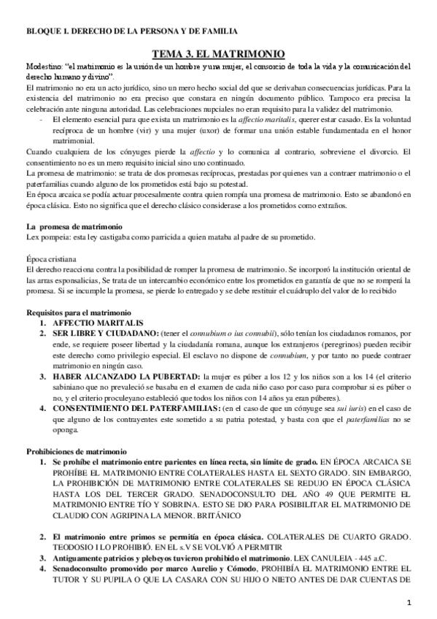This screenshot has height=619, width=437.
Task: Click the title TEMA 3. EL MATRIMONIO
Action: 218,53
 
